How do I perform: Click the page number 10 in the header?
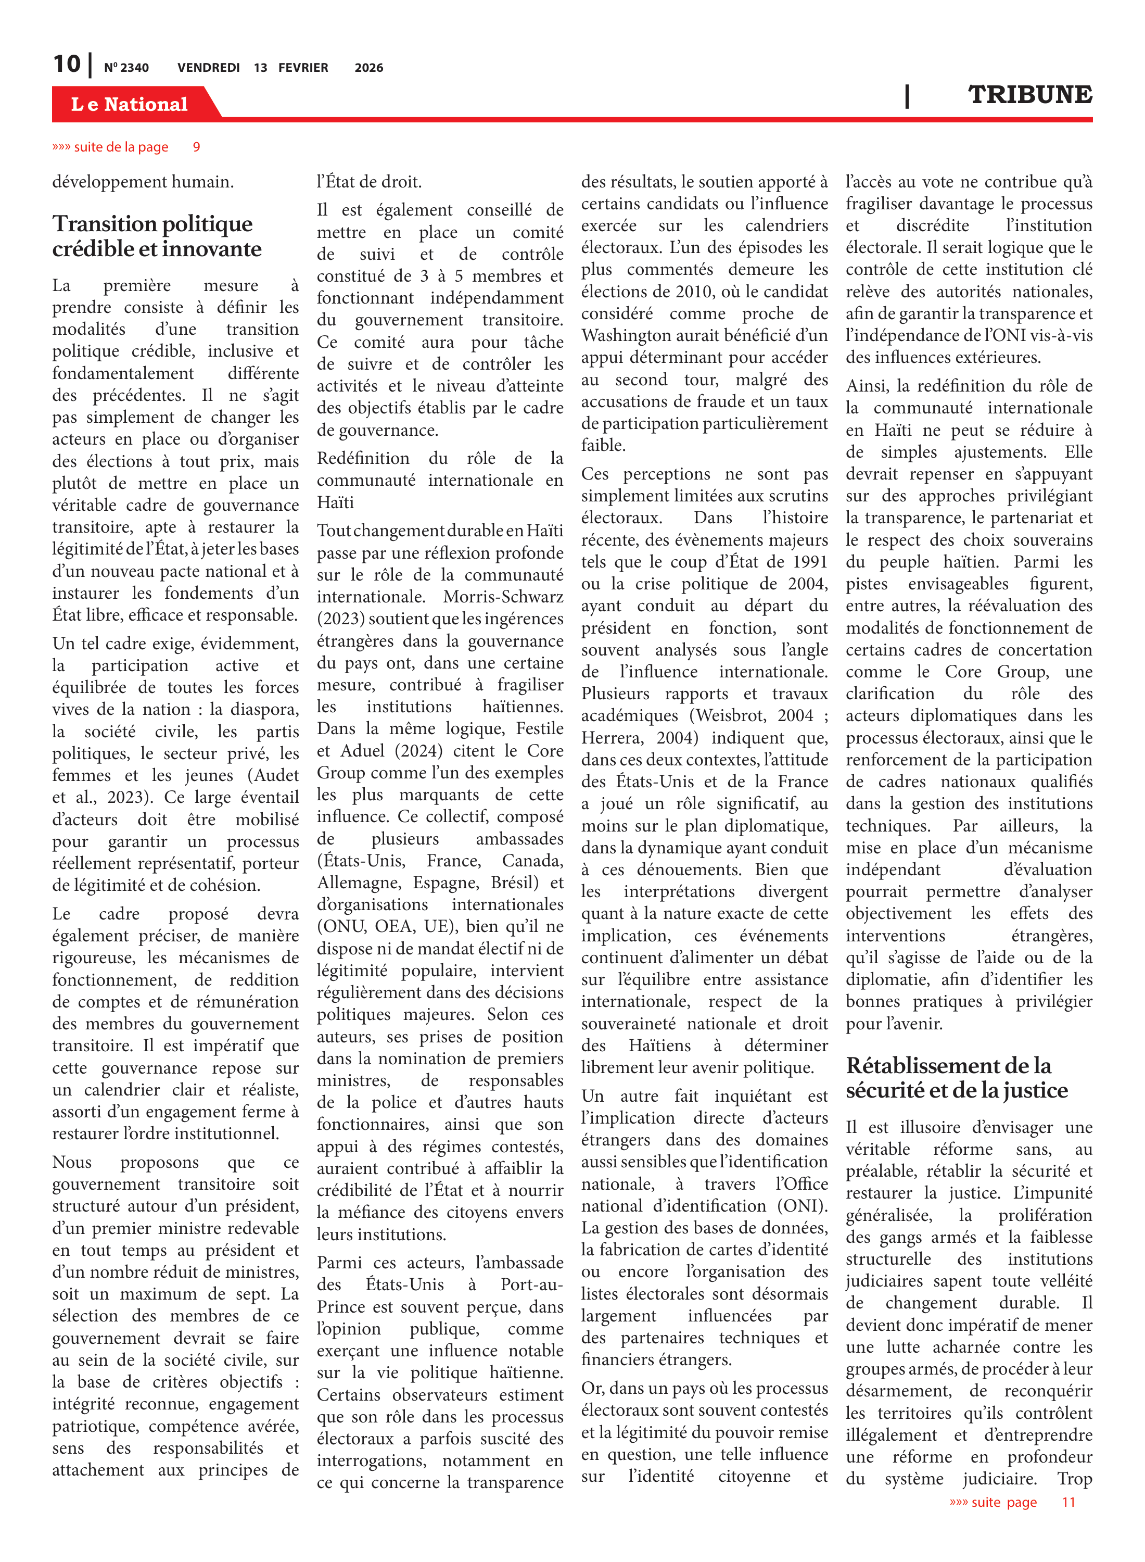click(67, 65)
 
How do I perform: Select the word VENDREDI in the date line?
click(208, 68)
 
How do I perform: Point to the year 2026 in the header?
click(368, 68)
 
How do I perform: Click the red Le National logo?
click(130, 104)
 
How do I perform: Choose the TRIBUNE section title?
click(1029, 94)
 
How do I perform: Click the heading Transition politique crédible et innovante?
click(157, 236)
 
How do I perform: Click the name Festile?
click(535, 728)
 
